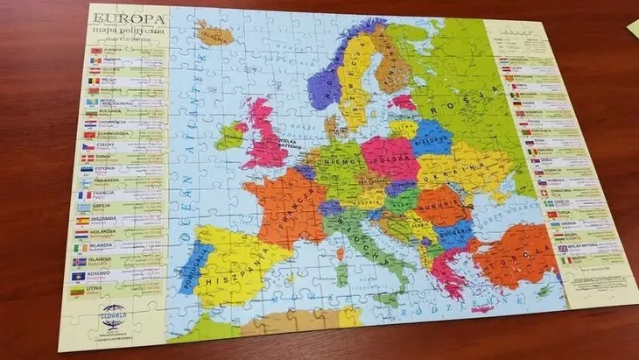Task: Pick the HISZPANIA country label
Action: (233, 280)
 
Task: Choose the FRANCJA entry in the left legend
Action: (104, 195)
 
